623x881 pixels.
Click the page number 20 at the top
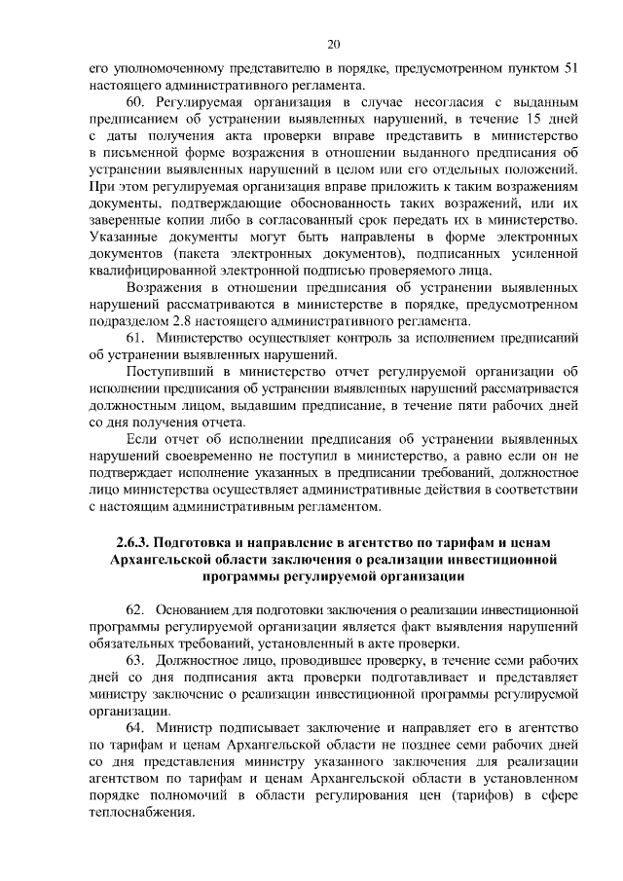click(334, 44)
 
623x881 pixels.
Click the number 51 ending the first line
click(573, 69)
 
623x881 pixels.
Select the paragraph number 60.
click(137, 103)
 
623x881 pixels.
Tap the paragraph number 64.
click(137, 728)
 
